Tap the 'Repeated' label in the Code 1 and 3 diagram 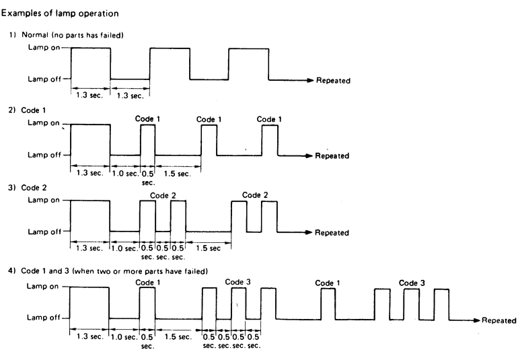tap(499, 320)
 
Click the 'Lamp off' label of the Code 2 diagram tap(42, 231)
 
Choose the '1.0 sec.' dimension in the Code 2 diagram tap(124, 248)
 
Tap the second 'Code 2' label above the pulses tap(255, 195)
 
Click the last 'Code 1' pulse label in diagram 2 tap(270, 119)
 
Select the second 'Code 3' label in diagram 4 tap(412, 283)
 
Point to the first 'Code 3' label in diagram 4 tap(238, 282)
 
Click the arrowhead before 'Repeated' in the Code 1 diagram tap(310, 156)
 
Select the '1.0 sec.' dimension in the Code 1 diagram tap(124, 173)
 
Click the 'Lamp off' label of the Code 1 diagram tap(42, 155)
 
